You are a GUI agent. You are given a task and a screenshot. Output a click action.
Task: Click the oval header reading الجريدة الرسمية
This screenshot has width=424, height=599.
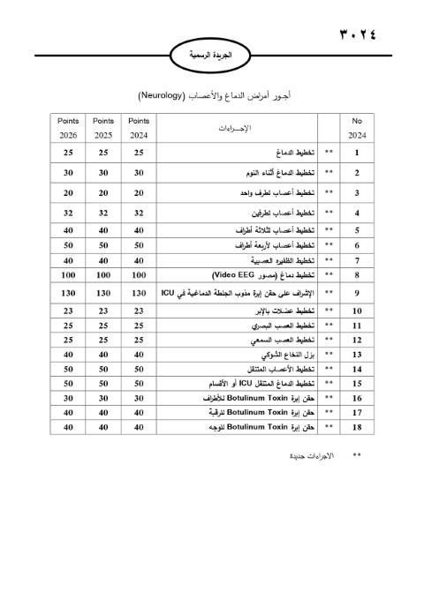211,55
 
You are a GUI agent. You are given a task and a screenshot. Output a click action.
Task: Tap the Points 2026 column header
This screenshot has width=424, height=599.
68,127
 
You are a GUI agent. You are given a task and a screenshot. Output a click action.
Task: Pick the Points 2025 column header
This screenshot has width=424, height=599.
103,127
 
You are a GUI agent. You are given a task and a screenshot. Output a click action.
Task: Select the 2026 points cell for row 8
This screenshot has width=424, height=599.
68,275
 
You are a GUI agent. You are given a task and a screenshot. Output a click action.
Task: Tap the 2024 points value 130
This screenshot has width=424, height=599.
139,293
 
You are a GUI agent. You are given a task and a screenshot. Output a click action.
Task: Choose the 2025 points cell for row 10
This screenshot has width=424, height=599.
103,311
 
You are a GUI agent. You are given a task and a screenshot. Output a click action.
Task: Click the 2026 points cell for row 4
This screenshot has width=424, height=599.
68,213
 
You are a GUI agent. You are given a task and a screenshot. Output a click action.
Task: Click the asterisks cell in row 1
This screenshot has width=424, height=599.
329,153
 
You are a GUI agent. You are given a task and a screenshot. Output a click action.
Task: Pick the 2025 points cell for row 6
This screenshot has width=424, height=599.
103,244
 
